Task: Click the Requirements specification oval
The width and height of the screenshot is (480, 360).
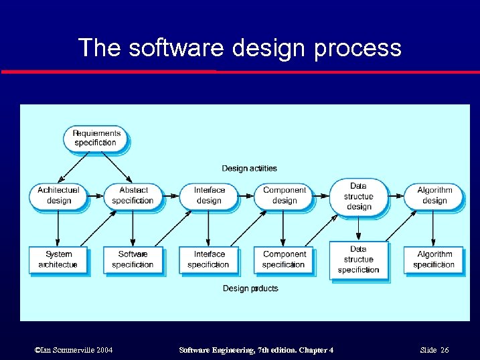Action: click(97, 138)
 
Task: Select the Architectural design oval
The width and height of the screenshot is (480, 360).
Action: click(58, 195)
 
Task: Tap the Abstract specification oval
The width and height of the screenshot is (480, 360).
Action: click(133, 195)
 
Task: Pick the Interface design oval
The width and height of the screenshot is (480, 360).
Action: click(208, 195)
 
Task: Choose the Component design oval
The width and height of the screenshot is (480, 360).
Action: click(284, 195)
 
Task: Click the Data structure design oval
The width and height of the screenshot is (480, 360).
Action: click(358, 196)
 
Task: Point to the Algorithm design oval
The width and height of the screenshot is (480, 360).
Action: click(434, 195)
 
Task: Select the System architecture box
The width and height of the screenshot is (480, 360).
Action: click(58, 259)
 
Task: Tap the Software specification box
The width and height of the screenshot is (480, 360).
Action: click(133, 259)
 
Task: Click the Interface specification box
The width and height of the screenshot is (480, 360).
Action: click(208, 259)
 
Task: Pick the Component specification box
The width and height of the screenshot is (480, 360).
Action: click(283, 259)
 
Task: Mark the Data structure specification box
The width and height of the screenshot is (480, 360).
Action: click(358, 260)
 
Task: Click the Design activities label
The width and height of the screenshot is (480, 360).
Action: click(249, 168)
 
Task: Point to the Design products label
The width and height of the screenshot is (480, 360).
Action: click(250, 288)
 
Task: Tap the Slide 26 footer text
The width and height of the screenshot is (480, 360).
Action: click(434, 351)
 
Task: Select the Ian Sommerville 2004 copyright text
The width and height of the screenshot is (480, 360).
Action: click(73, 351)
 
